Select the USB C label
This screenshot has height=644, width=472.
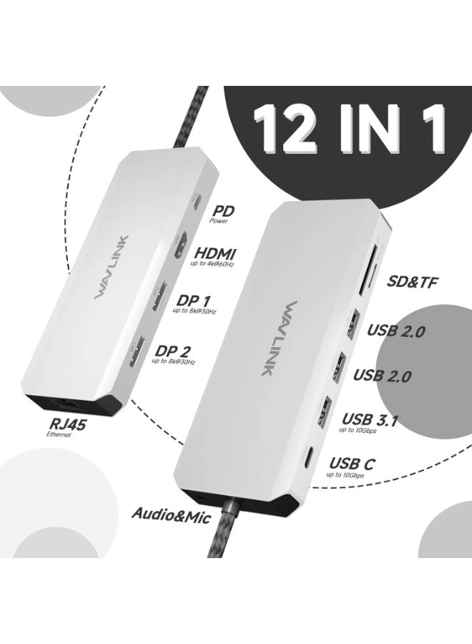coord(350,464)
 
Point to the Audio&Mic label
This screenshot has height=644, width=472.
coord(171,514)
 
